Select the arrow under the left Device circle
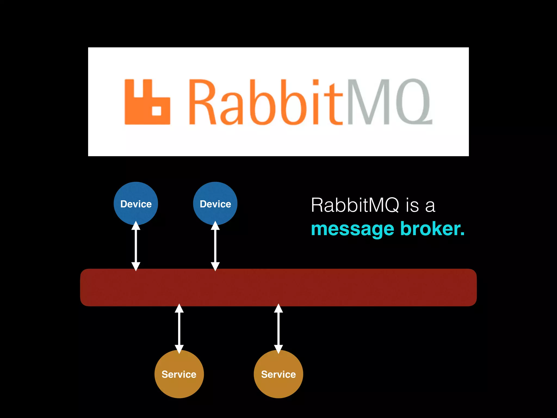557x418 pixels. point(136,246)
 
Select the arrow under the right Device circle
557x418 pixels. point(215,246)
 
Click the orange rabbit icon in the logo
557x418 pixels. point(147,102)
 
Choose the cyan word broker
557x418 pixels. point(432,229)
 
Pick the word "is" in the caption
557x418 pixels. point(412,205)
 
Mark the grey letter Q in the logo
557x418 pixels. point(413,102)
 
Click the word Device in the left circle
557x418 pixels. point(136,204)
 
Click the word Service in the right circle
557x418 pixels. point(278,374)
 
